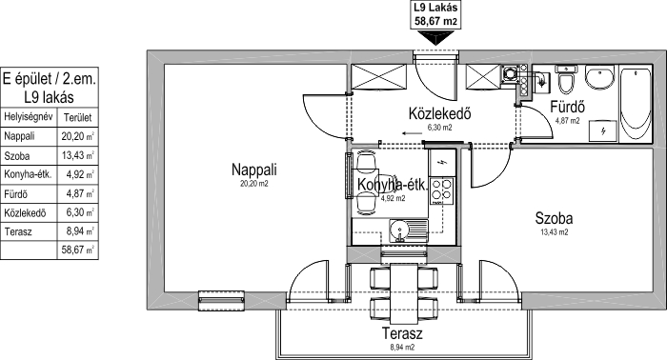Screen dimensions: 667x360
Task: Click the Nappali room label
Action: [254, 170]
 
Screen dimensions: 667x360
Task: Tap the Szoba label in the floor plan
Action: [554, 218]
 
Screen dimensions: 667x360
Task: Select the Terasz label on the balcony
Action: [402, 333]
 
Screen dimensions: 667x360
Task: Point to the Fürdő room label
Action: [568, 107]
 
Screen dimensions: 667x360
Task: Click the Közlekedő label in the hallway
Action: [439, 113]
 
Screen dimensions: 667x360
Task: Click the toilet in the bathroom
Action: [565, 79]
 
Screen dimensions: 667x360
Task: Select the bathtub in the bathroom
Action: [636, 104]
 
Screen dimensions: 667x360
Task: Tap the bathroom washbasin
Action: [599, 77]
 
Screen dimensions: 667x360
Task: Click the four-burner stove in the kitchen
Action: [442, 190]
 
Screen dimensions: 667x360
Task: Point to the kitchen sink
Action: [409, 231]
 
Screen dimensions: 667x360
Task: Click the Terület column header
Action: [77, 118]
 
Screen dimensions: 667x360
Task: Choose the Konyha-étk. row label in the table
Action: [28, 174]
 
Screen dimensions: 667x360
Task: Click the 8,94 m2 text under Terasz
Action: [402, 347]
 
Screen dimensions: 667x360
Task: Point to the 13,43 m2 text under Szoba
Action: [554, 232]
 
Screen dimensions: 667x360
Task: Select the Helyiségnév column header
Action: [28, 117]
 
